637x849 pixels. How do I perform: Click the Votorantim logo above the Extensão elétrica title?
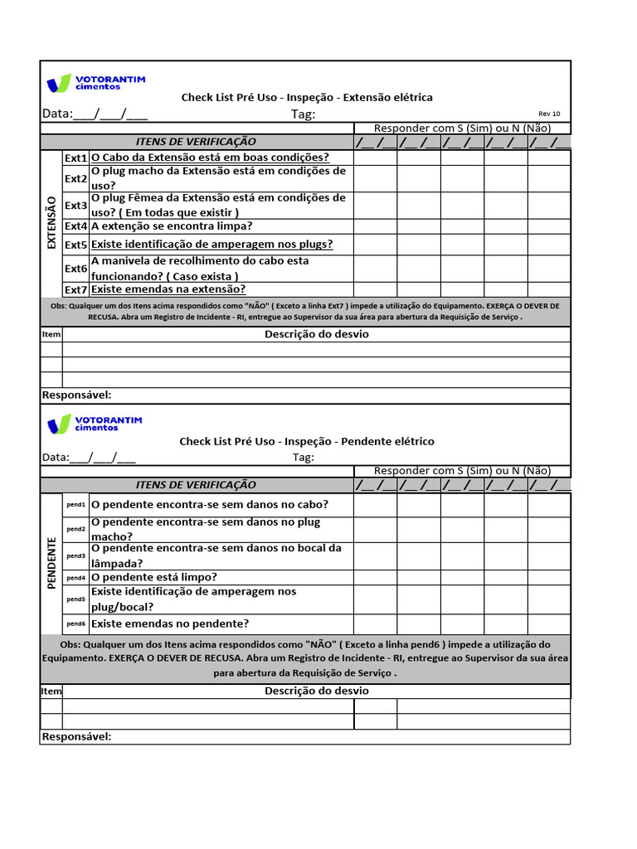[96, 82]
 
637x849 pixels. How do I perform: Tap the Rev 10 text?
[549, 114]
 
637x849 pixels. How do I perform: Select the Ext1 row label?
[75, 158]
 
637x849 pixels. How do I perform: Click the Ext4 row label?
[75, 226]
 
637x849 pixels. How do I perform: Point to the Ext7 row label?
[75, 289]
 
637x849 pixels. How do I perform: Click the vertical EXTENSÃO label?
[51, 222]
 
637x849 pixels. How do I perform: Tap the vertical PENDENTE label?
[51, 563]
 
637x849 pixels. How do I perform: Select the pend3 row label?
[75, 555]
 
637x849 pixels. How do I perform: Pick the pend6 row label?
[75, 623]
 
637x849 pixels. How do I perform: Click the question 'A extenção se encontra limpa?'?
[172, 226]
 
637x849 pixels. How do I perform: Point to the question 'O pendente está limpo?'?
[154, 577]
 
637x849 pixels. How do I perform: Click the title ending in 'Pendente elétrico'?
[307, 441]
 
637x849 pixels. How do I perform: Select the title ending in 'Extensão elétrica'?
[307, 97]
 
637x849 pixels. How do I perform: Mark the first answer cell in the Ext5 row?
[375, 245]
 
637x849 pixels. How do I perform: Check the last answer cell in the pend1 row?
[549, 504]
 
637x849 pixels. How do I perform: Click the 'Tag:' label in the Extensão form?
[303, 114]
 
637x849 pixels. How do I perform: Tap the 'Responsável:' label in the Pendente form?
[76, 737]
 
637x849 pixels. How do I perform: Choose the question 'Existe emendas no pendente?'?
[170, 623]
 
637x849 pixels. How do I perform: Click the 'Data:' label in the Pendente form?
[56, 458]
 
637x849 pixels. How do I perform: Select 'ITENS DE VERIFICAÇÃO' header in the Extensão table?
[196, 142]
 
